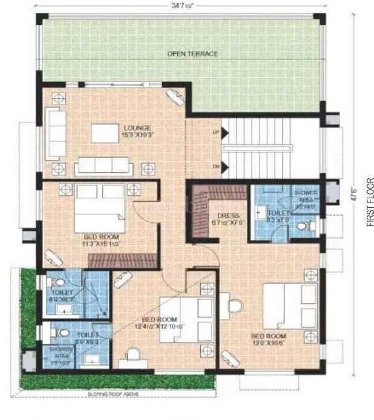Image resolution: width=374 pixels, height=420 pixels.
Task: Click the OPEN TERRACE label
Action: (192, 54)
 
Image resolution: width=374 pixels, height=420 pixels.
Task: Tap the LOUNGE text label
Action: (137, 128)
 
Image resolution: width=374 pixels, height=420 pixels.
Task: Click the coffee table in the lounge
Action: (104, 133)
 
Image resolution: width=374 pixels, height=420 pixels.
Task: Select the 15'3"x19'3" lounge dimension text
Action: (137, 135)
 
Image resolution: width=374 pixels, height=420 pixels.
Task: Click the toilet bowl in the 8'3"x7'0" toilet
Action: (310, 227)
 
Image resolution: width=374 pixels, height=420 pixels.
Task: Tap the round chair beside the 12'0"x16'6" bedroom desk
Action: (235, 306)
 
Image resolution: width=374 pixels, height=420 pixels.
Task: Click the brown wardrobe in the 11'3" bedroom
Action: (123, 260)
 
